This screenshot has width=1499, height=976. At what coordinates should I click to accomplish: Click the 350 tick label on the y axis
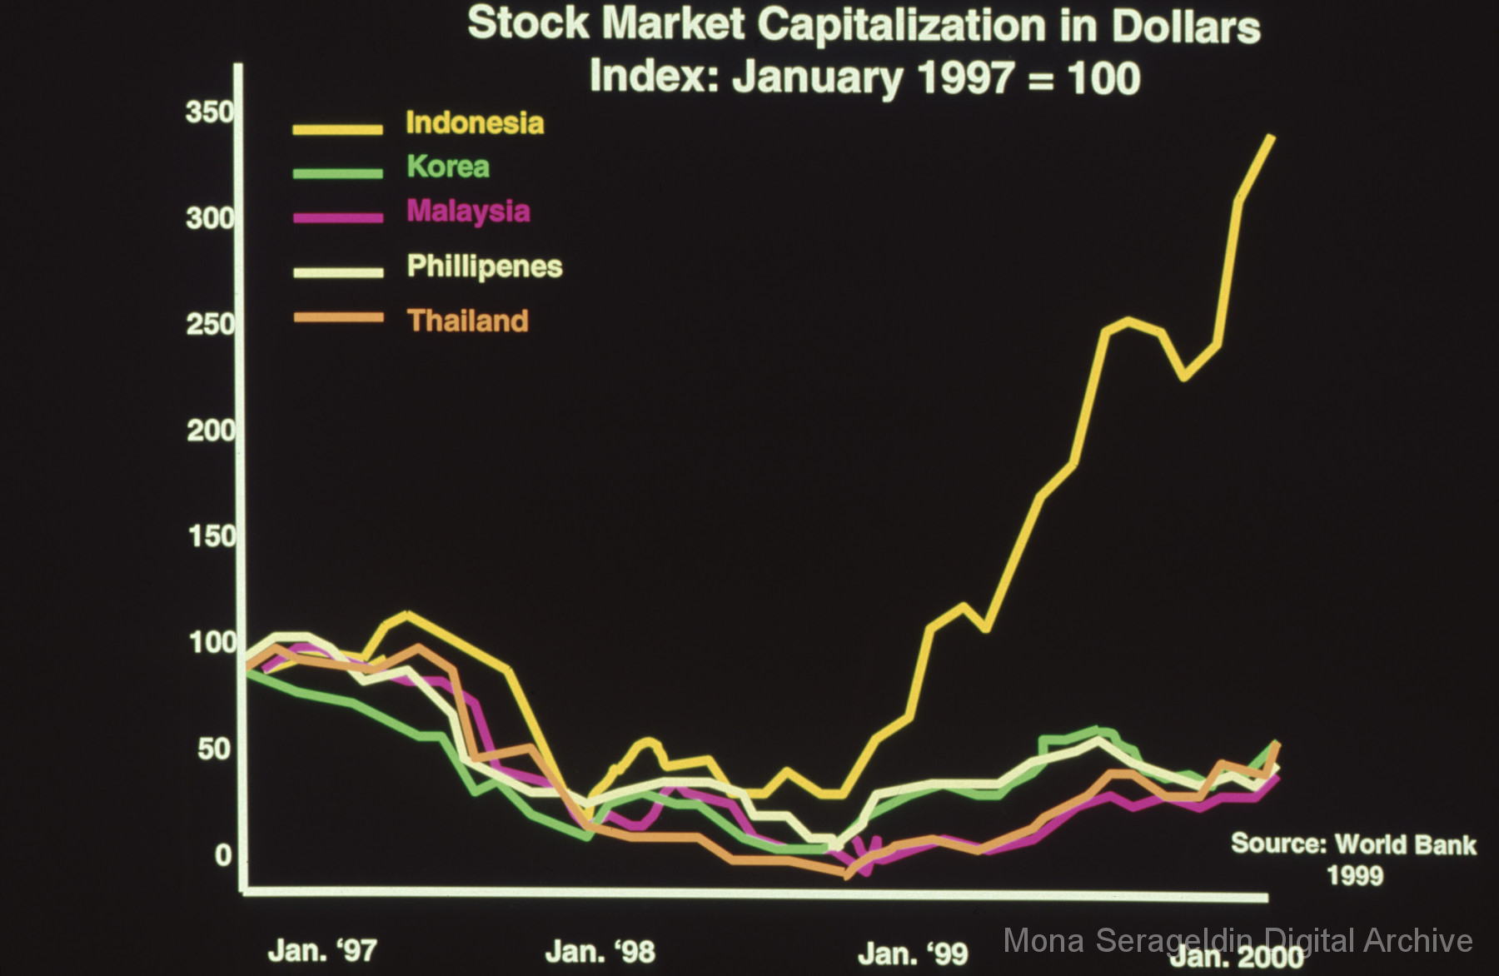210,112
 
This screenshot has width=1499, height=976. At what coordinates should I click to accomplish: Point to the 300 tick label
210,218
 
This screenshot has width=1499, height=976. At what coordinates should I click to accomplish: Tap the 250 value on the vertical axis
210,324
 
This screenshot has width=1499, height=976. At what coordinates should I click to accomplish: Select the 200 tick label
210,431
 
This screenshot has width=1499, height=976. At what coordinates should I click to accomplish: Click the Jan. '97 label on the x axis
322,951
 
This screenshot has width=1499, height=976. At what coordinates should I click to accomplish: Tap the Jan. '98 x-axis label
600,951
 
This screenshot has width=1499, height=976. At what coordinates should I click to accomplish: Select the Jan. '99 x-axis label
913,953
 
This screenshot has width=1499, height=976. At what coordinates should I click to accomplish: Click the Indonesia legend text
475,123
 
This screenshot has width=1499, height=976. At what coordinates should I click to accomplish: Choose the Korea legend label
448,167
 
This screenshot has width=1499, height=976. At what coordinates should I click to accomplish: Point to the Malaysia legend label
468,211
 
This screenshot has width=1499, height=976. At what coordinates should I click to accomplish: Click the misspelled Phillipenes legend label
485,266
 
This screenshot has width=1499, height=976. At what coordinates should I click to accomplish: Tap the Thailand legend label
468,321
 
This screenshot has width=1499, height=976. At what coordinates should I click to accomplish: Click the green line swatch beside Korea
338,172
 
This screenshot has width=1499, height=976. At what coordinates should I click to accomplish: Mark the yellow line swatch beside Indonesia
338,129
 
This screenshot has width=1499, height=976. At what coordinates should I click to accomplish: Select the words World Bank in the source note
1406,844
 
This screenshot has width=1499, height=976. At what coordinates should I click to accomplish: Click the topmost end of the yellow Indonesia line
1271,137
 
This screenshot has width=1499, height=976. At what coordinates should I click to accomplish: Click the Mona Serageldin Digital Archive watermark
1238,941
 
